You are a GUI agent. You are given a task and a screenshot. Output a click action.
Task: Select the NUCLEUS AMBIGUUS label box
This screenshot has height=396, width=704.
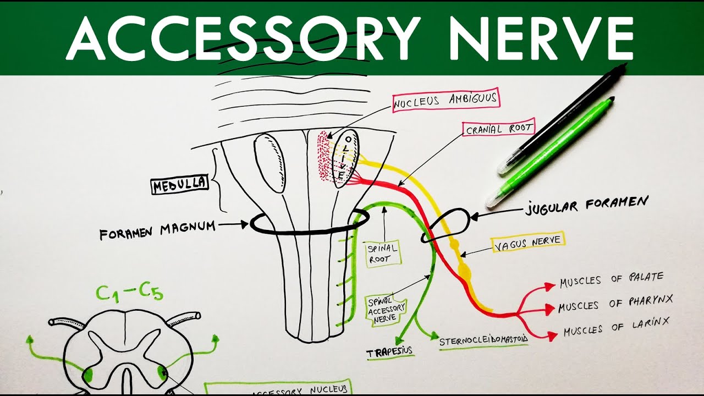(x=446, y=100)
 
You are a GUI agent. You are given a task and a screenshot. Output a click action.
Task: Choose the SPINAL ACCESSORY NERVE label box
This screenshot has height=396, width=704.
(x=386, y=309)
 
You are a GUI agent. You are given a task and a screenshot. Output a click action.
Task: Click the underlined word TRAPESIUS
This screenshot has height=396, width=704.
(x=389, y=351)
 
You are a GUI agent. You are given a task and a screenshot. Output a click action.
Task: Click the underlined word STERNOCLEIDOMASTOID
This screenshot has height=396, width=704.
(x=483, y=340)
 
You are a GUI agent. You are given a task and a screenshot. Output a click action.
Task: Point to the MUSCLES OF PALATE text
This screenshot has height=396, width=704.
(x=612, y=280)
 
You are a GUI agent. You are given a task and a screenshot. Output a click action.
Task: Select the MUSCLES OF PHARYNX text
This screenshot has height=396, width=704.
(x=615, y=304)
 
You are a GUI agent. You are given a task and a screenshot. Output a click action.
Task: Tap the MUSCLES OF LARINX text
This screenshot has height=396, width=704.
(x=616, y=329)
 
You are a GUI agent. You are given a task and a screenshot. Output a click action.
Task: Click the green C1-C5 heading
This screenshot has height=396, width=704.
(x=129, y=293)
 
